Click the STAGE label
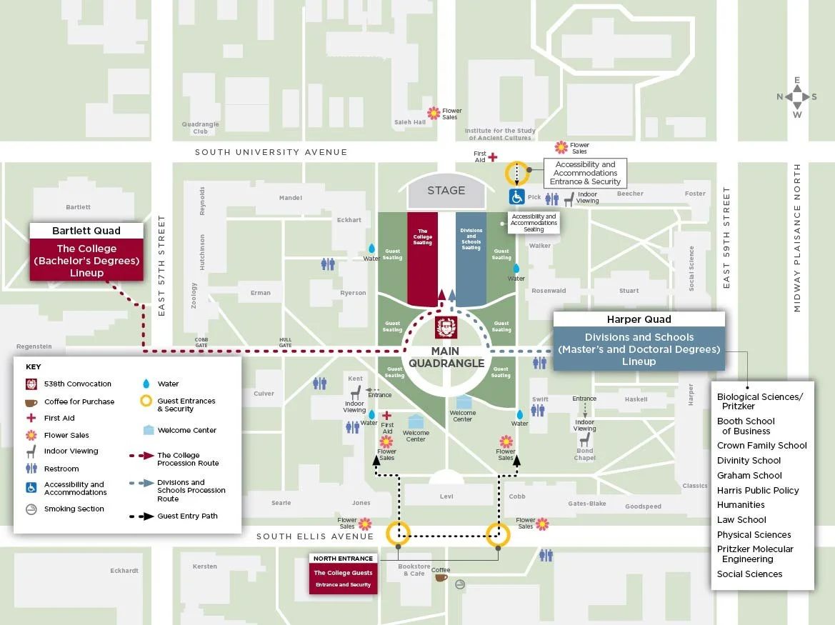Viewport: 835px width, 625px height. pos(446,191)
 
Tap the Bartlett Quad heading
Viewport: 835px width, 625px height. pos(86,231)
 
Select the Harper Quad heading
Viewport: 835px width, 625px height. pos(639,319)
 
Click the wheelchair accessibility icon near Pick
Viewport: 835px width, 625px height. pos(516,196)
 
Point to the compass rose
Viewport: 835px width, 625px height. pos(797,96)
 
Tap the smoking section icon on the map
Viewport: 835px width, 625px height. pos(460,584)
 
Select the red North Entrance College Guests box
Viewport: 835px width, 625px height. pos(343,578)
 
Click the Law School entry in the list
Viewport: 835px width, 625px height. pos(741,520)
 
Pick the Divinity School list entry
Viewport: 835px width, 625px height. pos(749,461)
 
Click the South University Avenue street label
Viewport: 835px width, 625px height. pos(271,152)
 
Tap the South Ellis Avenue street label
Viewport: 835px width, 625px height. pos(315,536)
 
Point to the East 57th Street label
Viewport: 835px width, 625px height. pos(161,266)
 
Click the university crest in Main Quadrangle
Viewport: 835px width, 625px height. pos(446,328)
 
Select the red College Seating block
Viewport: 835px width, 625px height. pos(422,257)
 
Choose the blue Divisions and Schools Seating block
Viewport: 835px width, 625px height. pos(471,257)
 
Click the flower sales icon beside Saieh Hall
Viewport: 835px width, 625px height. pos(434,113)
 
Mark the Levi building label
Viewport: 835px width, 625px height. pos(446,496)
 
